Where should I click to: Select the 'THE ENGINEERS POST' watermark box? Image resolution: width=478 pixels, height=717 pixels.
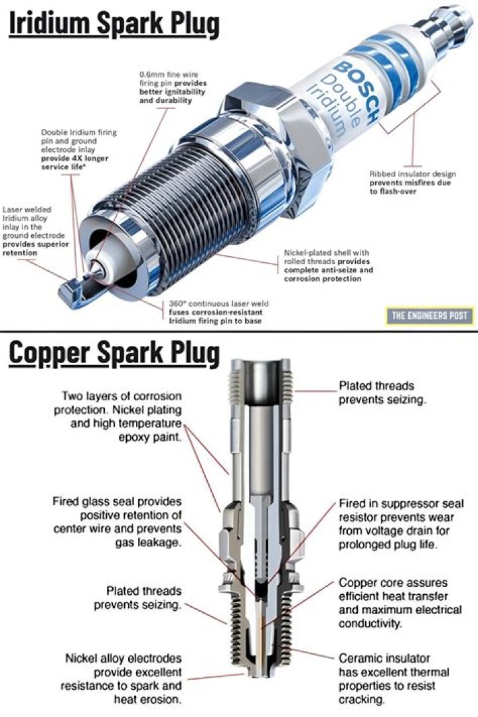[x=429, y=315]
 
